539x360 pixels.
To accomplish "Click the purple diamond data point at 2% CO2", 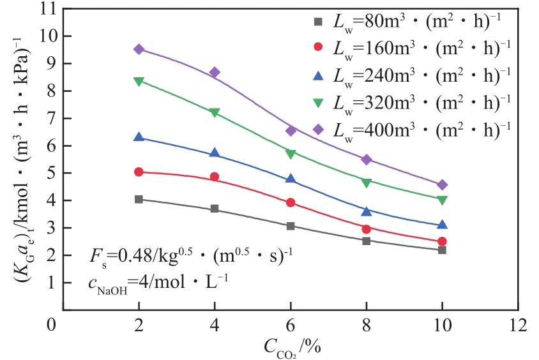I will click(x=139, y=49).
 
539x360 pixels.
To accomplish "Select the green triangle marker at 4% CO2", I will click(x=215, y=112).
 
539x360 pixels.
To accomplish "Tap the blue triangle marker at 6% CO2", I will click(x=291, y=179).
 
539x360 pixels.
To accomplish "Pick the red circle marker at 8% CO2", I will click(x=367, y=229).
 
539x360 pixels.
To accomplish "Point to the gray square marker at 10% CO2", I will click(x=442, y=250).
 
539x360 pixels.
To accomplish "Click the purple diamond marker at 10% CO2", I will click(x=442, y=185).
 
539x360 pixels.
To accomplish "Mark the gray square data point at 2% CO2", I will click(x=139, y=199).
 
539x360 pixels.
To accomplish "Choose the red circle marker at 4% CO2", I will click(x=215, y=177).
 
